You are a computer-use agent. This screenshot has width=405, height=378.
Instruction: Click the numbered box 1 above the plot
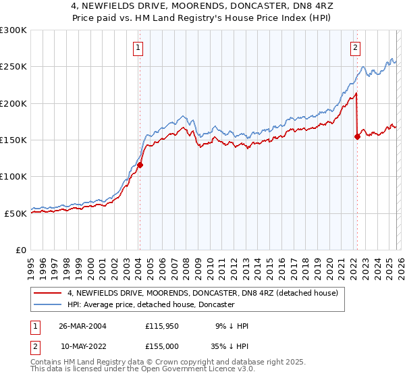click(138, 47)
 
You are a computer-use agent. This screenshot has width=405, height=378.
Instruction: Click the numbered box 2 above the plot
click(355, 47)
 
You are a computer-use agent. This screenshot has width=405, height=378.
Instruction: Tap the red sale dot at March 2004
click(140, 164)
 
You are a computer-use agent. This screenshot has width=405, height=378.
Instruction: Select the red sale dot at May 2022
click(357, 136)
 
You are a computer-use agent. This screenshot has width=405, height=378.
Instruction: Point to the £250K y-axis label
click(13, 67)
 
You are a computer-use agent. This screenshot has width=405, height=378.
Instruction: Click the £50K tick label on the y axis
click(16, 213)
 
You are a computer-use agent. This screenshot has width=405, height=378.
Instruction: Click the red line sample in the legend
click(48, 293)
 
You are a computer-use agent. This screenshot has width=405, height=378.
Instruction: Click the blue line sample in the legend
click(48, 304)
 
